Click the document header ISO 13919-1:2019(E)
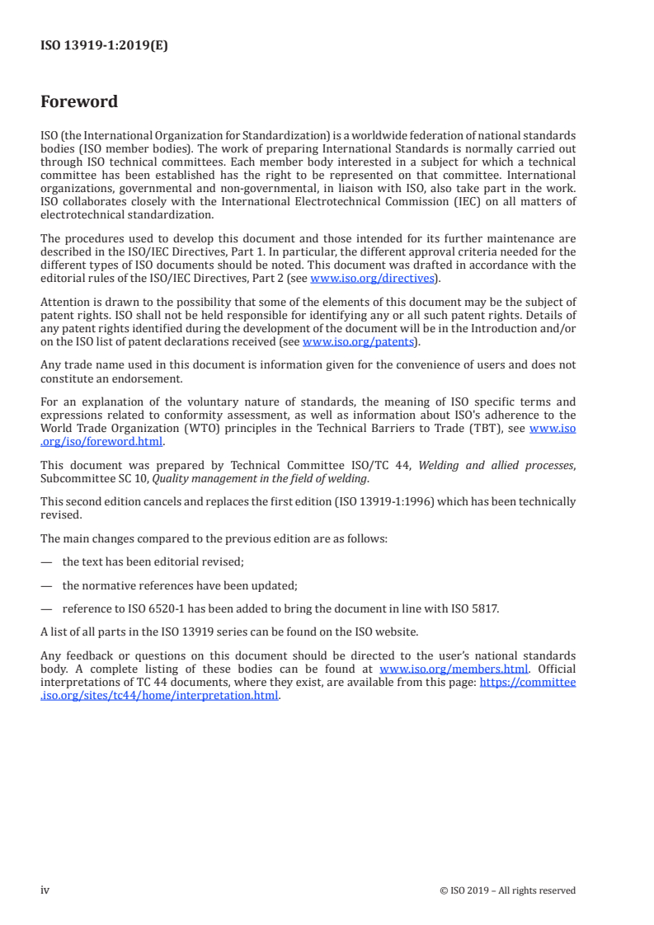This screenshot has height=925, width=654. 104,46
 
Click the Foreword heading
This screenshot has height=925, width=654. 79,102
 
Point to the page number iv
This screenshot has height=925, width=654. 45,890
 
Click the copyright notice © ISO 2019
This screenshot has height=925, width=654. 508,890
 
